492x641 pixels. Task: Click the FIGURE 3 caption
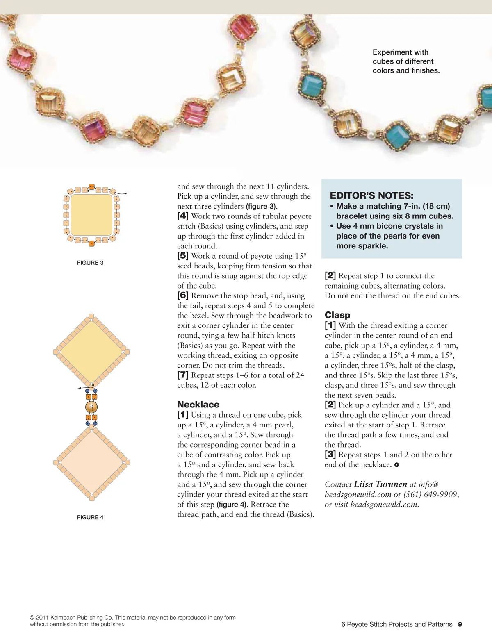(x=90, y=263)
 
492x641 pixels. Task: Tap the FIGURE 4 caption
(x=90, y=517)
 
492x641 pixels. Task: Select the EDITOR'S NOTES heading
(x=371, y=195)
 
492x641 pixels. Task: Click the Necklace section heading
(x=198, y=404)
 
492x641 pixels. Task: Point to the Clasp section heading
(x=337, y=315)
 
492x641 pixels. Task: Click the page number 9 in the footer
(x=460, y=624)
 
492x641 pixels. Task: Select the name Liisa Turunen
(x=380, y=484)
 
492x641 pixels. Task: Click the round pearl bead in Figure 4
(x=91, y=407)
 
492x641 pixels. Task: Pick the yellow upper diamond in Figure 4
(x=91, y=352)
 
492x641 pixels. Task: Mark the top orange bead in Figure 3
(x=91, y=186)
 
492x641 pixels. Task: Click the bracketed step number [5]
(x=183, y=256)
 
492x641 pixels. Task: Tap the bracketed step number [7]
(x=183, y=375)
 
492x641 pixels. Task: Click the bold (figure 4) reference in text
(x=232, y=505)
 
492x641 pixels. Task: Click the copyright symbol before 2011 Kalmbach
(x=32, y=618)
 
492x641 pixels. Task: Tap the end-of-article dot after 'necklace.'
(x=396, y=465)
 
